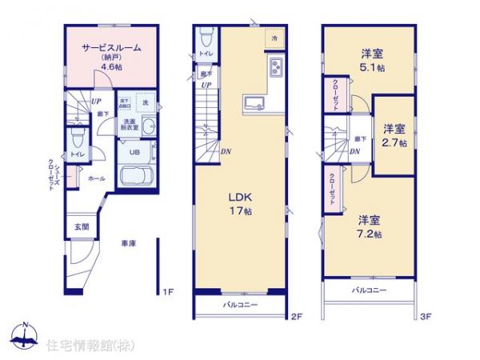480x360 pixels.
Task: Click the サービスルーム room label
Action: click(x=111, y=47)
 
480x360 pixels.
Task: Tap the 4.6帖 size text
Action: click(x=111, y=69)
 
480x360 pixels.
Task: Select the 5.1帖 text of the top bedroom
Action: click(x=371, y=68)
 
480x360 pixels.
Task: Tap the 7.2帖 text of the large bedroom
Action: click(x=369, y=234)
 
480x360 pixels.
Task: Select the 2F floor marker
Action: click(x=296, y=318)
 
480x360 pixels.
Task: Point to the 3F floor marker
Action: click(x=426, y=318)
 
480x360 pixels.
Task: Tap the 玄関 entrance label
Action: click(x=82, y=226)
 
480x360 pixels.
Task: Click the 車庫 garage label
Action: click(x=128, y=243)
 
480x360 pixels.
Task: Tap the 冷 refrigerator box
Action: click(x=274, y=38)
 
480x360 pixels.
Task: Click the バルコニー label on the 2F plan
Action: click(x=240, y=305)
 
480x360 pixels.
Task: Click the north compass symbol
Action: click(x=25, y=335)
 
